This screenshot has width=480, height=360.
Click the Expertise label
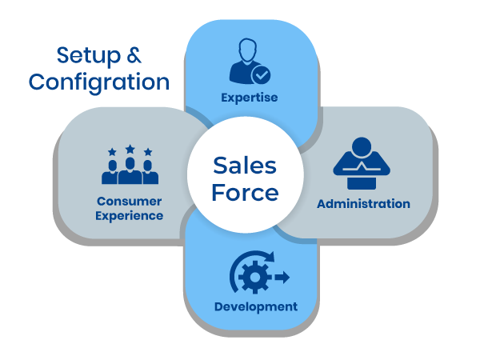tap(250, 98)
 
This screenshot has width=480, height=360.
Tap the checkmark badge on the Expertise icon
tap(262, 75)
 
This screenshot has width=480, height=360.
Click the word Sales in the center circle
tap(244, 166)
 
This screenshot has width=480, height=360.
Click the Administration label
tap(363, 203)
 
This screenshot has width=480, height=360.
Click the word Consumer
tap(129, 201)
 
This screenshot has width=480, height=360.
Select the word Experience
tap(129, 215)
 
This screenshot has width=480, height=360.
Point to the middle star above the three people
tap(130, 149)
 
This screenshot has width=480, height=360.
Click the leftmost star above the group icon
tap(111, 152)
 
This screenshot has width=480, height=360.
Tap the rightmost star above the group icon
tap(148, 152)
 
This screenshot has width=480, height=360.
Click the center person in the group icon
tap(130, 170)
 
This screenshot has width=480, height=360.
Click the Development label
tap(255, 306)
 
